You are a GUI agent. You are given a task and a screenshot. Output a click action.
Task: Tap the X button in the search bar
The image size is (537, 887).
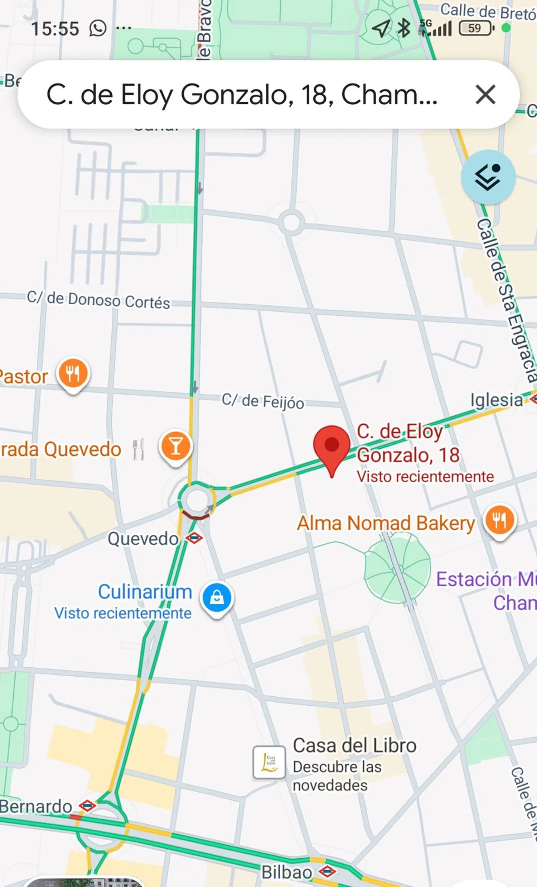click(485, 95)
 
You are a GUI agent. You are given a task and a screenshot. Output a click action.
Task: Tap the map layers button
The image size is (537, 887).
click(488, 177)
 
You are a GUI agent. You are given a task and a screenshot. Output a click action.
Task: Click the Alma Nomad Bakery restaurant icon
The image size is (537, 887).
click(500, 520)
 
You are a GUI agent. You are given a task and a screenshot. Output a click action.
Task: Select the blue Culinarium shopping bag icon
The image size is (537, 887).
click(217, 597)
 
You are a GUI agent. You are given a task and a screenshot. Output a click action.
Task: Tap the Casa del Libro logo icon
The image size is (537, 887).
click(269, 762)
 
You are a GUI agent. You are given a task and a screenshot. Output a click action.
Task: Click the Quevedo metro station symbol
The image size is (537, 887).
click(194, 538)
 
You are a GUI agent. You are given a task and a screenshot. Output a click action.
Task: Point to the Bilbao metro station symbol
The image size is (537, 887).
click(327, 871)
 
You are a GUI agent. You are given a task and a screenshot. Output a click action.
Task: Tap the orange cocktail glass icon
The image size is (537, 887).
click(175, 447)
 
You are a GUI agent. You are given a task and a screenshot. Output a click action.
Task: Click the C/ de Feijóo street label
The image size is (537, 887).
click(263, 401)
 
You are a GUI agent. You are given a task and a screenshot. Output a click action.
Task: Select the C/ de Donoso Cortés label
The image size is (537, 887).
click(98, 300)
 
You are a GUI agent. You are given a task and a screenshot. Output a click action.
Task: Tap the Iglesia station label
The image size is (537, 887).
click(497, 400)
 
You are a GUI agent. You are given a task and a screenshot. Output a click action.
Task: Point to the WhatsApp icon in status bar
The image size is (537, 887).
click(98, 28)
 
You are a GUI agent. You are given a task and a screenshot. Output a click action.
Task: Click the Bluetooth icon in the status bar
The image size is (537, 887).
click(403, 28)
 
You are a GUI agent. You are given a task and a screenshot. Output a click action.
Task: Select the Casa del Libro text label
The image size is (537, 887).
click(354, 745)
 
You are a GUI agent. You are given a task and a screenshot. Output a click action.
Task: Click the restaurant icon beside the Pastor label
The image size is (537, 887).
click(73, 374)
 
